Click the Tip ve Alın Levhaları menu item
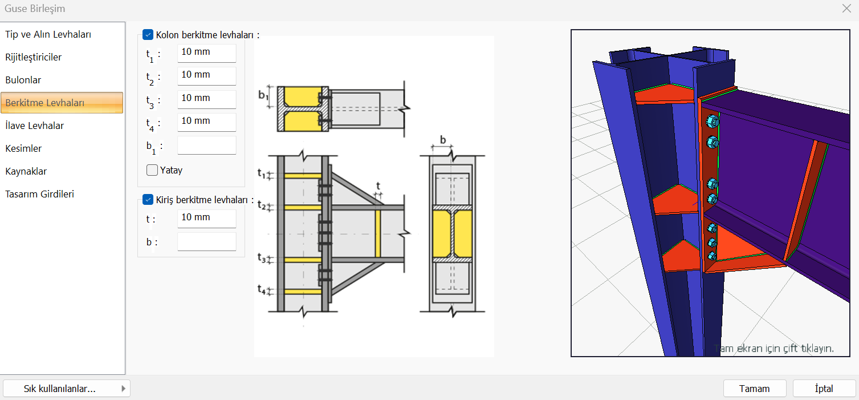[x=48, y=34]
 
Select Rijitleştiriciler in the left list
[x=34, y=57]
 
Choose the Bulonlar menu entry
[x=23, y=80]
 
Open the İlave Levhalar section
[x=35, y=126]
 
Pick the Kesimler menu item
[x=24, y=148]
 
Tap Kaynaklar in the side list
[x=26, y=171]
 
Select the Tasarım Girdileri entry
[x=40, y=194]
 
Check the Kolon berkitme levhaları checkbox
[x=148, y=35]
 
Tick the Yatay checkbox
[x=152, y=170]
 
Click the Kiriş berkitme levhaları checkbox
[x=148, y=200]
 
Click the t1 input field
[x=206, y=52]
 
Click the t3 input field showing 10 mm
[x=206, y=99]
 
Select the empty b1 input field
[x=206, y=145]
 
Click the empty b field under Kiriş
[x=206, y=241]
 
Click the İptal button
[x=824, y=389]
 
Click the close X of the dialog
[x=846, y=8]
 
